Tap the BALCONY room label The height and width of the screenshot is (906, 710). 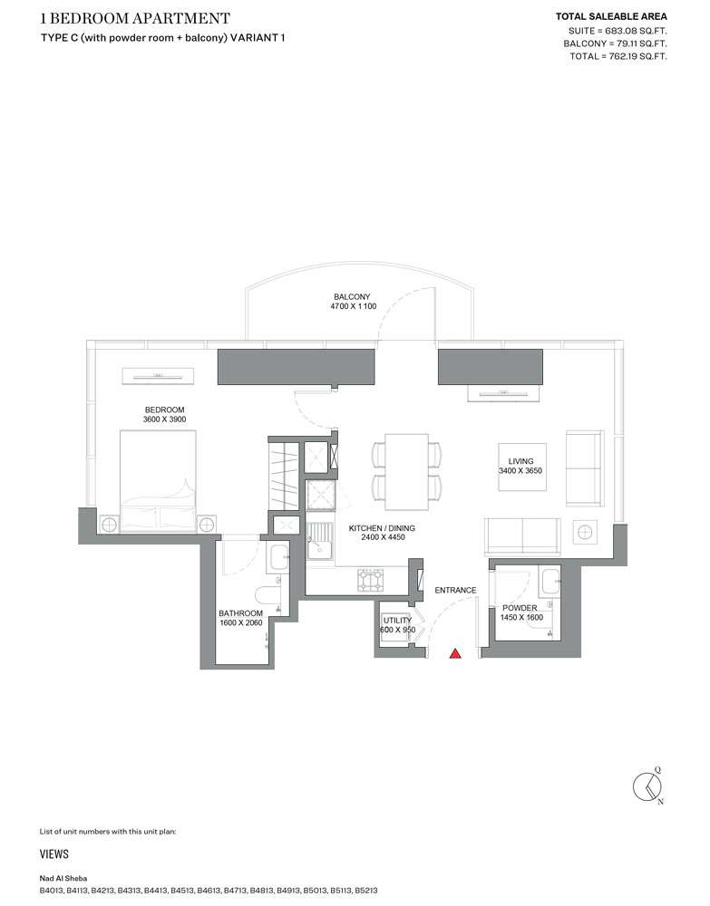352,296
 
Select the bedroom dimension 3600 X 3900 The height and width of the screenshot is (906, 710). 165,419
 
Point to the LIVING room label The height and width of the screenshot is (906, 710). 520,461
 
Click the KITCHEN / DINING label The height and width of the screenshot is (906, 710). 382,528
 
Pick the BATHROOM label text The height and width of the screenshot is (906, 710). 240,613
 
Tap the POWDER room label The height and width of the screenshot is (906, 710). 520,608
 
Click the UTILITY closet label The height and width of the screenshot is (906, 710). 397,621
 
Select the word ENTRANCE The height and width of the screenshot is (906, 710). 455,590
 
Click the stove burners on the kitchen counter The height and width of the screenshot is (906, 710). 370,580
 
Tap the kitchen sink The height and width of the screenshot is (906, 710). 319,542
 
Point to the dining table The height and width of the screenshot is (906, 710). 406,472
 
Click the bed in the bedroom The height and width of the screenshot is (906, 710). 158,480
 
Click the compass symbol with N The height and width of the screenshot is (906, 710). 647,786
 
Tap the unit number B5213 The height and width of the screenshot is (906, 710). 366,891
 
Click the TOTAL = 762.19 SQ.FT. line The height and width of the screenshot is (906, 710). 618,56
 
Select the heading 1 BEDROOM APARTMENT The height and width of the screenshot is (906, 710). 135,18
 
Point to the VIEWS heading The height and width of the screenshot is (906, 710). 53,854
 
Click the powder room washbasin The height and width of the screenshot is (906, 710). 550,582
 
